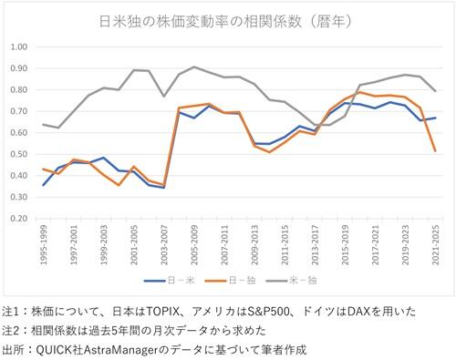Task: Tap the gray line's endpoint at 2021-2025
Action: coord(434,91)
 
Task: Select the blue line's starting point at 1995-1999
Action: coord(44,185)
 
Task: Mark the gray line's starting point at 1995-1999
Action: coord(44,125)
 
